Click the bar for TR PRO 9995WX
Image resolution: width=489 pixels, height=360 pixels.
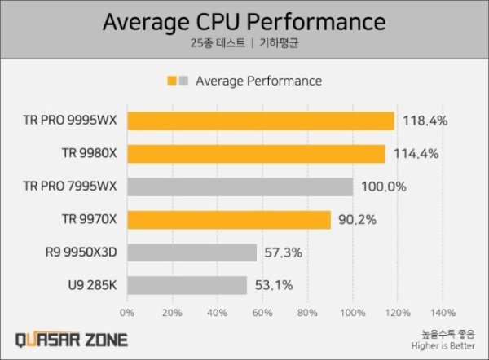[x=260, y=121]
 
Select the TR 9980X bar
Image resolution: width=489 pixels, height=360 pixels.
[x=256, y=153]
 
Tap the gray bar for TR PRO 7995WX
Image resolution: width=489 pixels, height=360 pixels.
[x=240, y=187]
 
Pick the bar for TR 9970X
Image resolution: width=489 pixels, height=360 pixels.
[x=228, y=220]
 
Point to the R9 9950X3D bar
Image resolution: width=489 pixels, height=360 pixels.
[x=192, y=252]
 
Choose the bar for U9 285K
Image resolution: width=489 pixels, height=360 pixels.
[x=187, y=285]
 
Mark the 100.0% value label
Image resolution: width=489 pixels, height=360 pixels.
[x=383, y=187]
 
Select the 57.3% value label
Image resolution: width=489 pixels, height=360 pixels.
[x=282, y=252]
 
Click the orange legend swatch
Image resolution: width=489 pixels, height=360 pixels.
[x=172, y=81]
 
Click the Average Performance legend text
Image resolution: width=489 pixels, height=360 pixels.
[x=258, y=81]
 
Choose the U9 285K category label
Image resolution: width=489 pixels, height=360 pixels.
[x=92, y=285]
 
